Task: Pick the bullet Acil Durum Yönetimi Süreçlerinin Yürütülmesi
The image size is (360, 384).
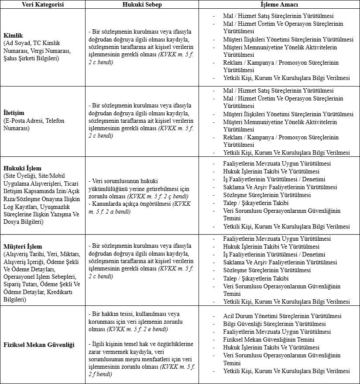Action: click(x=282, y=316)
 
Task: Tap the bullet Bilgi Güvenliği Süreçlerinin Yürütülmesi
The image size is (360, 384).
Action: click(x=274, y=324)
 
